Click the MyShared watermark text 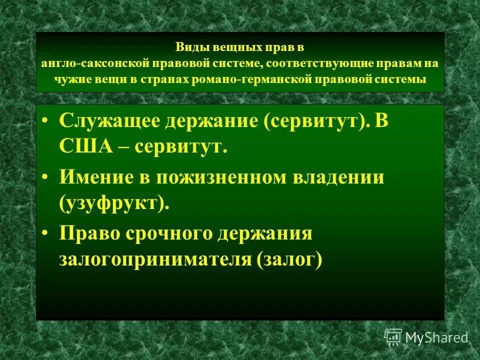436,337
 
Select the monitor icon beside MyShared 393,337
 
